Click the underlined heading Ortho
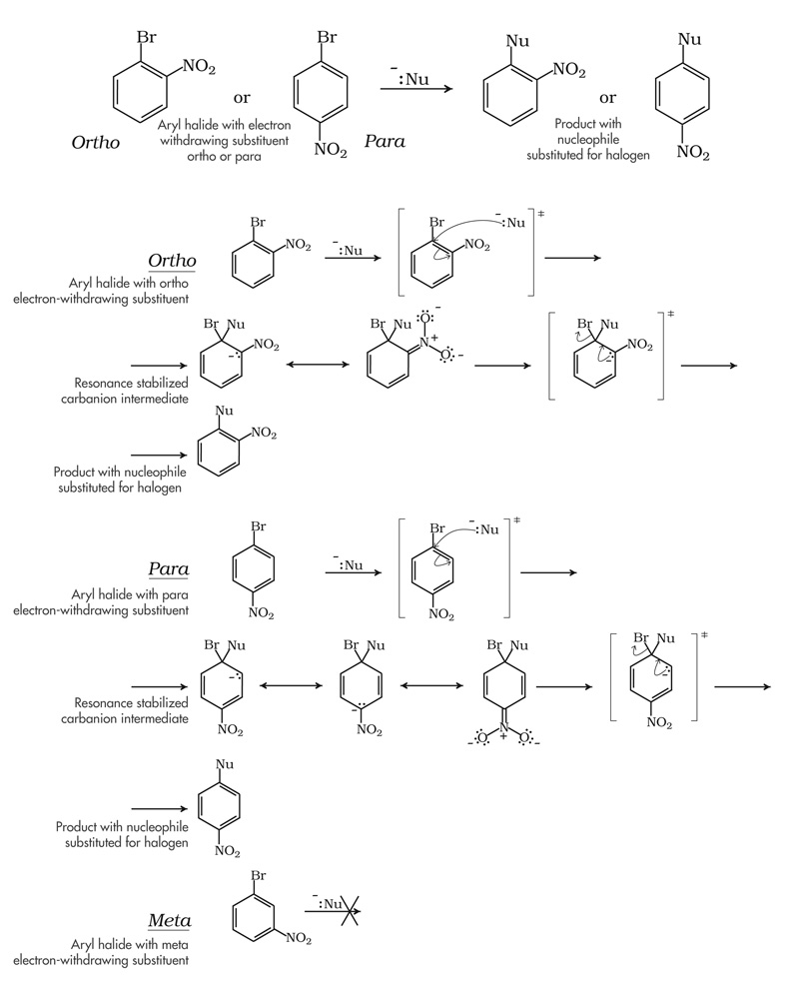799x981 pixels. tap(172, 262)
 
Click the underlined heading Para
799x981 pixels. tap(169, 569)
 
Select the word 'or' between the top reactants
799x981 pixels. tap(242, 97)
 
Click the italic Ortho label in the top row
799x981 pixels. tap(96, 142)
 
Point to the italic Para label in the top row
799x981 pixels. tap(385, 142)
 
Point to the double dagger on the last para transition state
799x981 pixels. tap(705, 635)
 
